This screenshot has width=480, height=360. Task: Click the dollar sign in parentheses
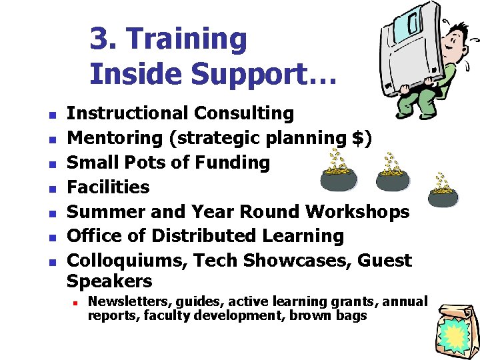pyautogui.click(x=360, y=138)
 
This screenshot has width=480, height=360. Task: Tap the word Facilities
pyautogui.click(x=109, y=187)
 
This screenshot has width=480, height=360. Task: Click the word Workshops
pyautogui.click(x=357, y=211)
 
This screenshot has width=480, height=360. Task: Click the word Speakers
pyautogui.click(x=109, y=281)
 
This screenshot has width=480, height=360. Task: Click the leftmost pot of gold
pyautogui.click(x=338, y=176)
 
